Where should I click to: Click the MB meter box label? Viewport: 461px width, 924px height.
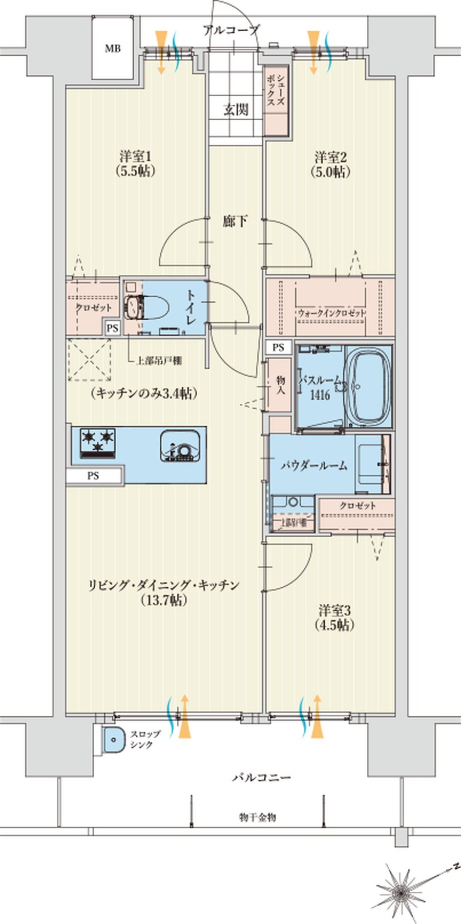[113, 49]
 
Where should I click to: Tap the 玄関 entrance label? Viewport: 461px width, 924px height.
[236, 109]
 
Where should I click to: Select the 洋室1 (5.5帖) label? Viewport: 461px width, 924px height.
[135, 163]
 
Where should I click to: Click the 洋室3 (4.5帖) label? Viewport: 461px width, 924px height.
[336, 618]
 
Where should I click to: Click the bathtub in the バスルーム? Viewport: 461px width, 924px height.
[369, 386]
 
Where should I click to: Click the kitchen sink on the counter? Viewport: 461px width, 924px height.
[180, 446]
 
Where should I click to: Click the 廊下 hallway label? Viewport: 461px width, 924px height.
[236, 222]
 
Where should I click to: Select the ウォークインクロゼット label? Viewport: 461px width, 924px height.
[331, 313]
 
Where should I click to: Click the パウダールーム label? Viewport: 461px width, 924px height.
[313, 466]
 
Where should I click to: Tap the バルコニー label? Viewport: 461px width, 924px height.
[261, 777]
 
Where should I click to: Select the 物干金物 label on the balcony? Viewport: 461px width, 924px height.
[257, 817]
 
